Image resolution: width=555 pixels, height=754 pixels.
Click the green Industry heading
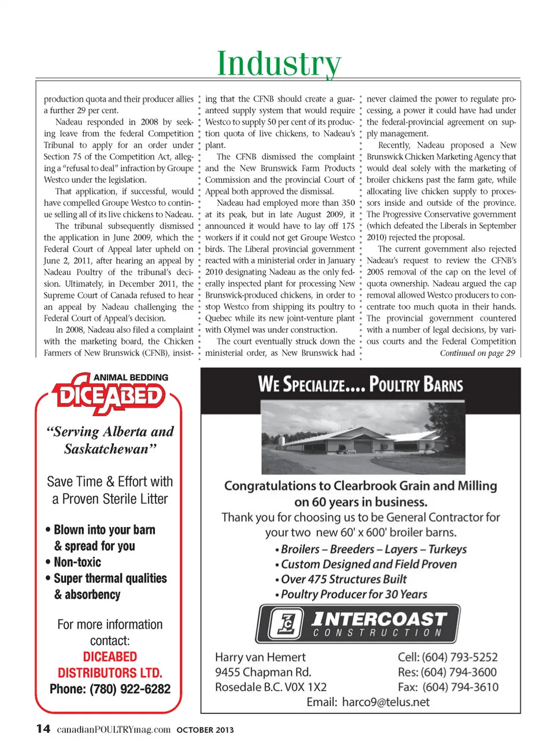coord(279,64)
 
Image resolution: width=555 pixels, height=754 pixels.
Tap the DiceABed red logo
coord(109,396)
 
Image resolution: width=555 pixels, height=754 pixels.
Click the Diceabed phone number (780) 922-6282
coord(110,689)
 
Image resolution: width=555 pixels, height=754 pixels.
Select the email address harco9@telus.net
coord(386,702)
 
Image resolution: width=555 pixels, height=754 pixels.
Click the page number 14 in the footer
coord(43,729)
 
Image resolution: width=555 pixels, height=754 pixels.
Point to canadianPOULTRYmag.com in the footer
coord(113,729)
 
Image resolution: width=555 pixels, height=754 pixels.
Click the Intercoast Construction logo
coord(358,624)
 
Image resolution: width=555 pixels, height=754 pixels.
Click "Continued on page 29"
coord(477,353)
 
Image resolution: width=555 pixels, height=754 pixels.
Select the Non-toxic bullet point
coord(77,562)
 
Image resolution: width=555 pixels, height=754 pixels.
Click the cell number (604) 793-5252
coord(447,657)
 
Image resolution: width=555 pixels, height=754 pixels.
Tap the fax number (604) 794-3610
coord(447,687)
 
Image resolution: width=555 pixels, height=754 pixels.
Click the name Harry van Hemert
coord(260,657)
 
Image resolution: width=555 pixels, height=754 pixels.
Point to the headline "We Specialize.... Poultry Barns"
coord(360,384)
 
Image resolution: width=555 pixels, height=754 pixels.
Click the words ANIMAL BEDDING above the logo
coord(131,377)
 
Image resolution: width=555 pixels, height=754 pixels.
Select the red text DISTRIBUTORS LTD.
coord(110,673)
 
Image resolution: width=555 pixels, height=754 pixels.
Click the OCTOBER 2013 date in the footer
coord(205,730)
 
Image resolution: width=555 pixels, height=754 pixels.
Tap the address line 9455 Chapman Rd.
coord(263,672)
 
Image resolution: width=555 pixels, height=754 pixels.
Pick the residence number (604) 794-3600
coord(447,672)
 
